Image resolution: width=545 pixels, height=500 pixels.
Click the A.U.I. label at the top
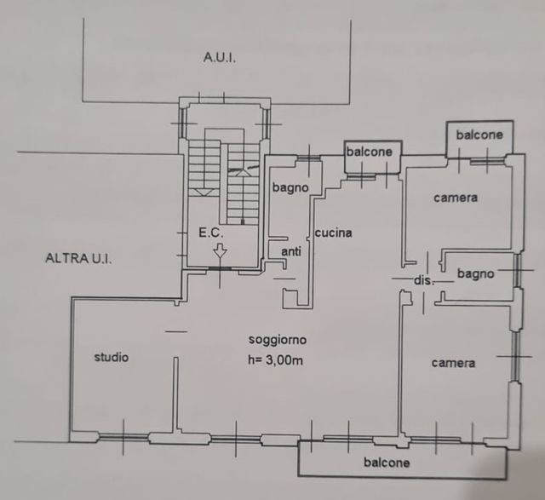[x=219, y=57]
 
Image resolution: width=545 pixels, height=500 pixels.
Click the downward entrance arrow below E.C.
[x=220, y=252]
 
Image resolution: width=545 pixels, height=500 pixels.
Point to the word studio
[x=112, y=357]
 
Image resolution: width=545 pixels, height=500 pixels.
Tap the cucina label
[x=334, y=233]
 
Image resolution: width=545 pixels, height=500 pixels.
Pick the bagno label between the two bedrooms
[x=475, y=273]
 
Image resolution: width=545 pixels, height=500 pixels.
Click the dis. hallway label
[x=423, y=280]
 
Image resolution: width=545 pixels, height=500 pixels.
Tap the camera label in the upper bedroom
[x=456, y=198]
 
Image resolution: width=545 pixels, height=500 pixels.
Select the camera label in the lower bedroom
[x=452, y=363]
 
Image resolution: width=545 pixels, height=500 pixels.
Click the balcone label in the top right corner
[x=479, y=135]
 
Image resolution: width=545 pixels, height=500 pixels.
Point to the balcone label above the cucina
[x=370, y=152]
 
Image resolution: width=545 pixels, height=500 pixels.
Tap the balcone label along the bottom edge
[x=387, y=463]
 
